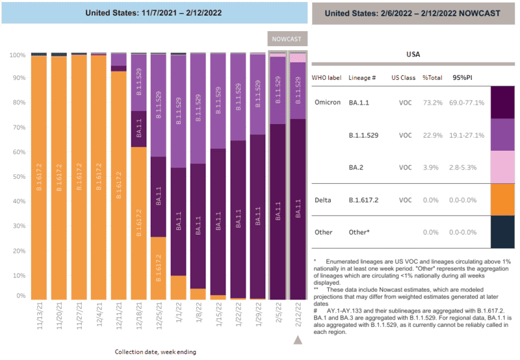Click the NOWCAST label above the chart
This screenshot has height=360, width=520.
click(x=287, y=39)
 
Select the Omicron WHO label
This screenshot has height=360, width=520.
click(x=327, y=103)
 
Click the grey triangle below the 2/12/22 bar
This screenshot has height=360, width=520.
click(x=298, y=340)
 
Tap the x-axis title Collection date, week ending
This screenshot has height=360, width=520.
click(x=155, y=352)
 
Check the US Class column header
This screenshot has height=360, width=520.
click(x=407, y=77)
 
